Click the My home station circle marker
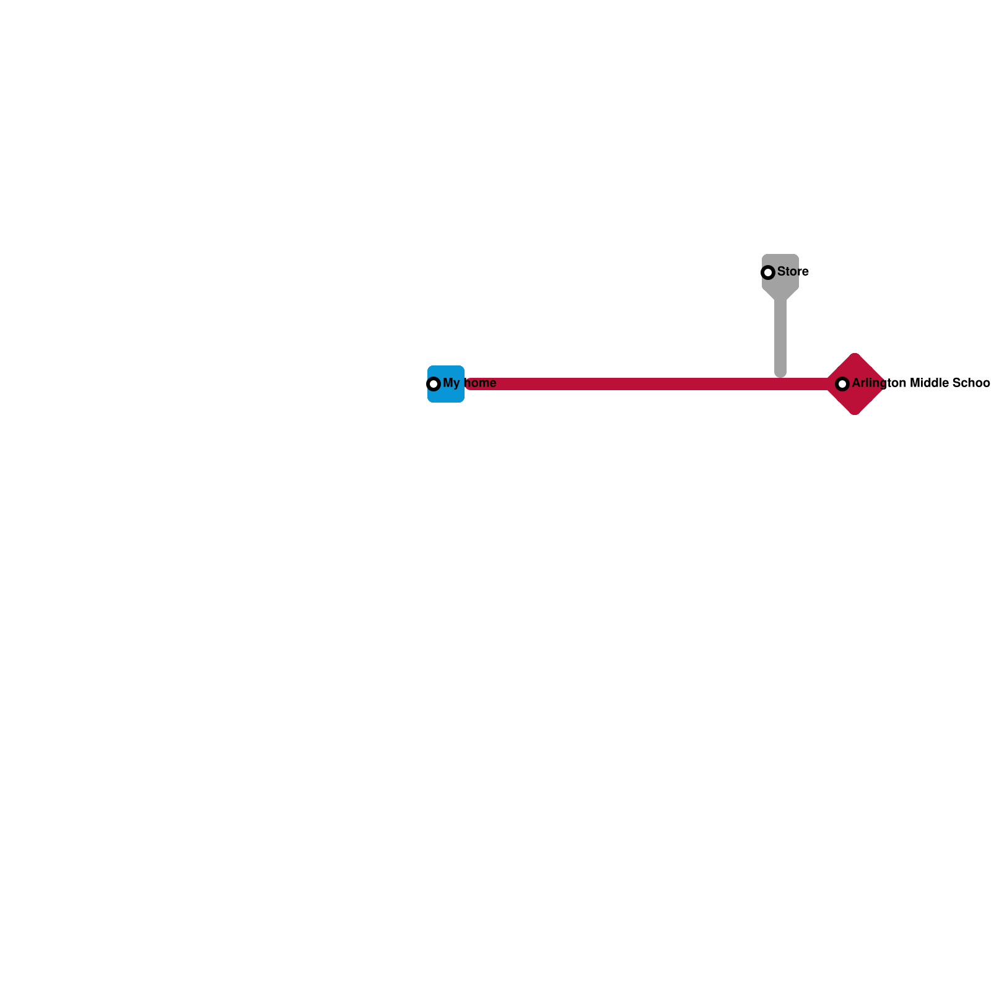[434, 384]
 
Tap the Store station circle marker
[768, 273]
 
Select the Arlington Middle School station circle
[842, 384]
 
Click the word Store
[793, 272]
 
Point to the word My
[451, 383]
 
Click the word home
[481, 383]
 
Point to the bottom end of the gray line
[780, 374]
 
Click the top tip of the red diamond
[855, 354]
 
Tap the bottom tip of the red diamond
[855, 414]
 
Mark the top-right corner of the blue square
[463, 367]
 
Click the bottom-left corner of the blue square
[429, 401]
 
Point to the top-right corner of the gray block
[797, 256]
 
